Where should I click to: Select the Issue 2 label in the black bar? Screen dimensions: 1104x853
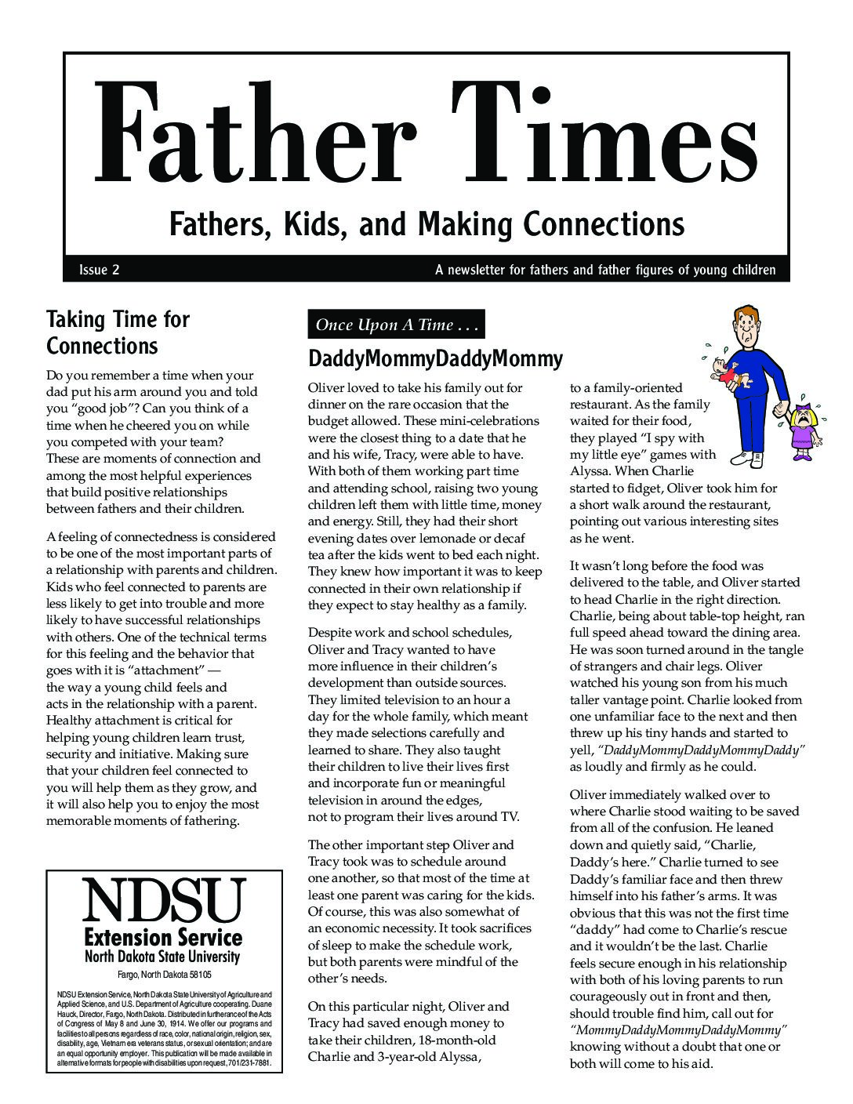pyautogui.click(x=99, y=271)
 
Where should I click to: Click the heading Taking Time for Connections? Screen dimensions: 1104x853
pyautogui.click(x=118, y=332)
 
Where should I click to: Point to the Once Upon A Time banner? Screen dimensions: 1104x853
pyautogui.click(x=397, y=325)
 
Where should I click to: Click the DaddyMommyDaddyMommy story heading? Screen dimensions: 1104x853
pyautogui.click(x=435, y=359)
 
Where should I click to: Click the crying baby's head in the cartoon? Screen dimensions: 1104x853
pyautogui.click(x=719, y=368)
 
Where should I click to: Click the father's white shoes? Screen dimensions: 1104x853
pyautogui.click(x=749, y=457)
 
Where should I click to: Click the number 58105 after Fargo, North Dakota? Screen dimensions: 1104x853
pyautogui.click(x=195, y=975)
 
